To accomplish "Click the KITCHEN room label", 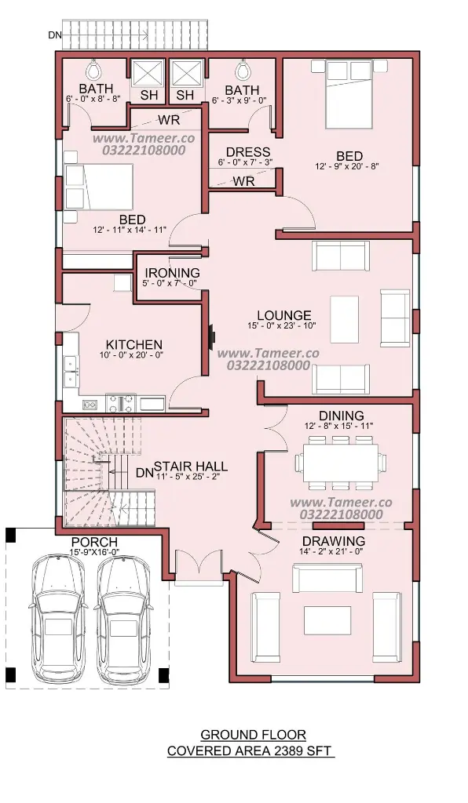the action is tap(133, 345).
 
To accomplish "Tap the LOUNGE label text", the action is tap(284, 315).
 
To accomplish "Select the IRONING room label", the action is tap(172, 273).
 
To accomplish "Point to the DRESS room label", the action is tap(248, 152).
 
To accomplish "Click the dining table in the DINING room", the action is tap(341, 463).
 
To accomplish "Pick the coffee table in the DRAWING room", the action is tap(327, 620).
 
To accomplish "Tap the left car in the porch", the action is tap(57, 619).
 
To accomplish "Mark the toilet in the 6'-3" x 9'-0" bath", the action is tap(243, 67).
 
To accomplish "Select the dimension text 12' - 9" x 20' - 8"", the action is tap(347, 166).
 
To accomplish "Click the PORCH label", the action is tap(94, 541).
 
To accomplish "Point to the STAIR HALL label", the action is tap(191, 466).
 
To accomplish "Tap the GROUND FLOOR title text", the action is tap(253, 735).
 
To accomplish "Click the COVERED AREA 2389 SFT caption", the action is tap(250, 750).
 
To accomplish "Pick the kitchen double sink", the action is tap(70, 371).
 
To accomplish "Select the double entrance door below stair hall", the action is tap(199, 566).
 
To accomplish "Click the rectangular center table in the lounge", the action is tap(345, 319).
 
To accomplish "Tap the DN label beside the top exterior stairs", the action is tap(55, 35).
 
